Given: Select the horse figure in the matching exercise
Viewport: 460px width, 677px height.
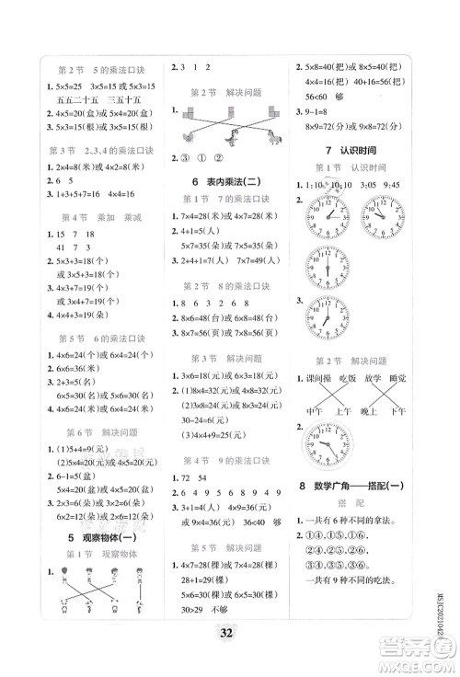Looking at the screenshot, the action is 273,138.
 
